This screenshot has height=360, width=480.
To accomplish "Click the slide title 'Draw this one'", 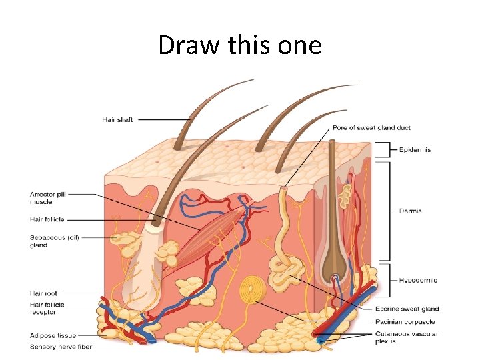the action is (x=240, y=45).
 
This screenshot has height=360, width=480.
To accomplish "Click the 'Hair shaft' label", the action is (x=117, y=120).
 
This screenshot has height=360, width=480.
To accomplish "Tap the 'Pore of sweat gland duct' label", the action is (x=371, y=128).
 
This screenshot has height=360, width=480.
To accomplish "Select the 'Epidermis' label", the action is (x=415, y=150).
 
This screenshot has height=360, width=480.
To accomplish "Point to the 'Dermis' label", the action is (x=410, y=211).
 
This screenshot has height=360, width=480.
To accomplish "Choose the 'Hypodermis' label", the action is (x=418, y=281).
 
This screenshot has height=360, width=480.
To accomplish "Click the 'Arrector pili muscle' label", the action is (x=47, y=197).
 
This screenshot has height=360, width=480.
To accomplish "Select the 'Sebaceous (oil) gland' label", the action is (x=54, y=241).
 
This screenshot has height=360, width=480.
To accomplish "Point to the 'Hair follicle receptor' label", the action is (x=47, y=308).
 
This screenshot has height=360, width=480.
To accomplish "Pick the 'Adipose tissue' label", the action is (x=53, y=335).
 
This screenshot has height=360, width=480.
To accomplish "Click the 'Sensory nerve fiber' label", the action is (x=61, y=347).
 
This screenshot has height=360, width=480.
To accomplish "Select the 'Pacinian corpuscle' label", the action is (x=405, y=322).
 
